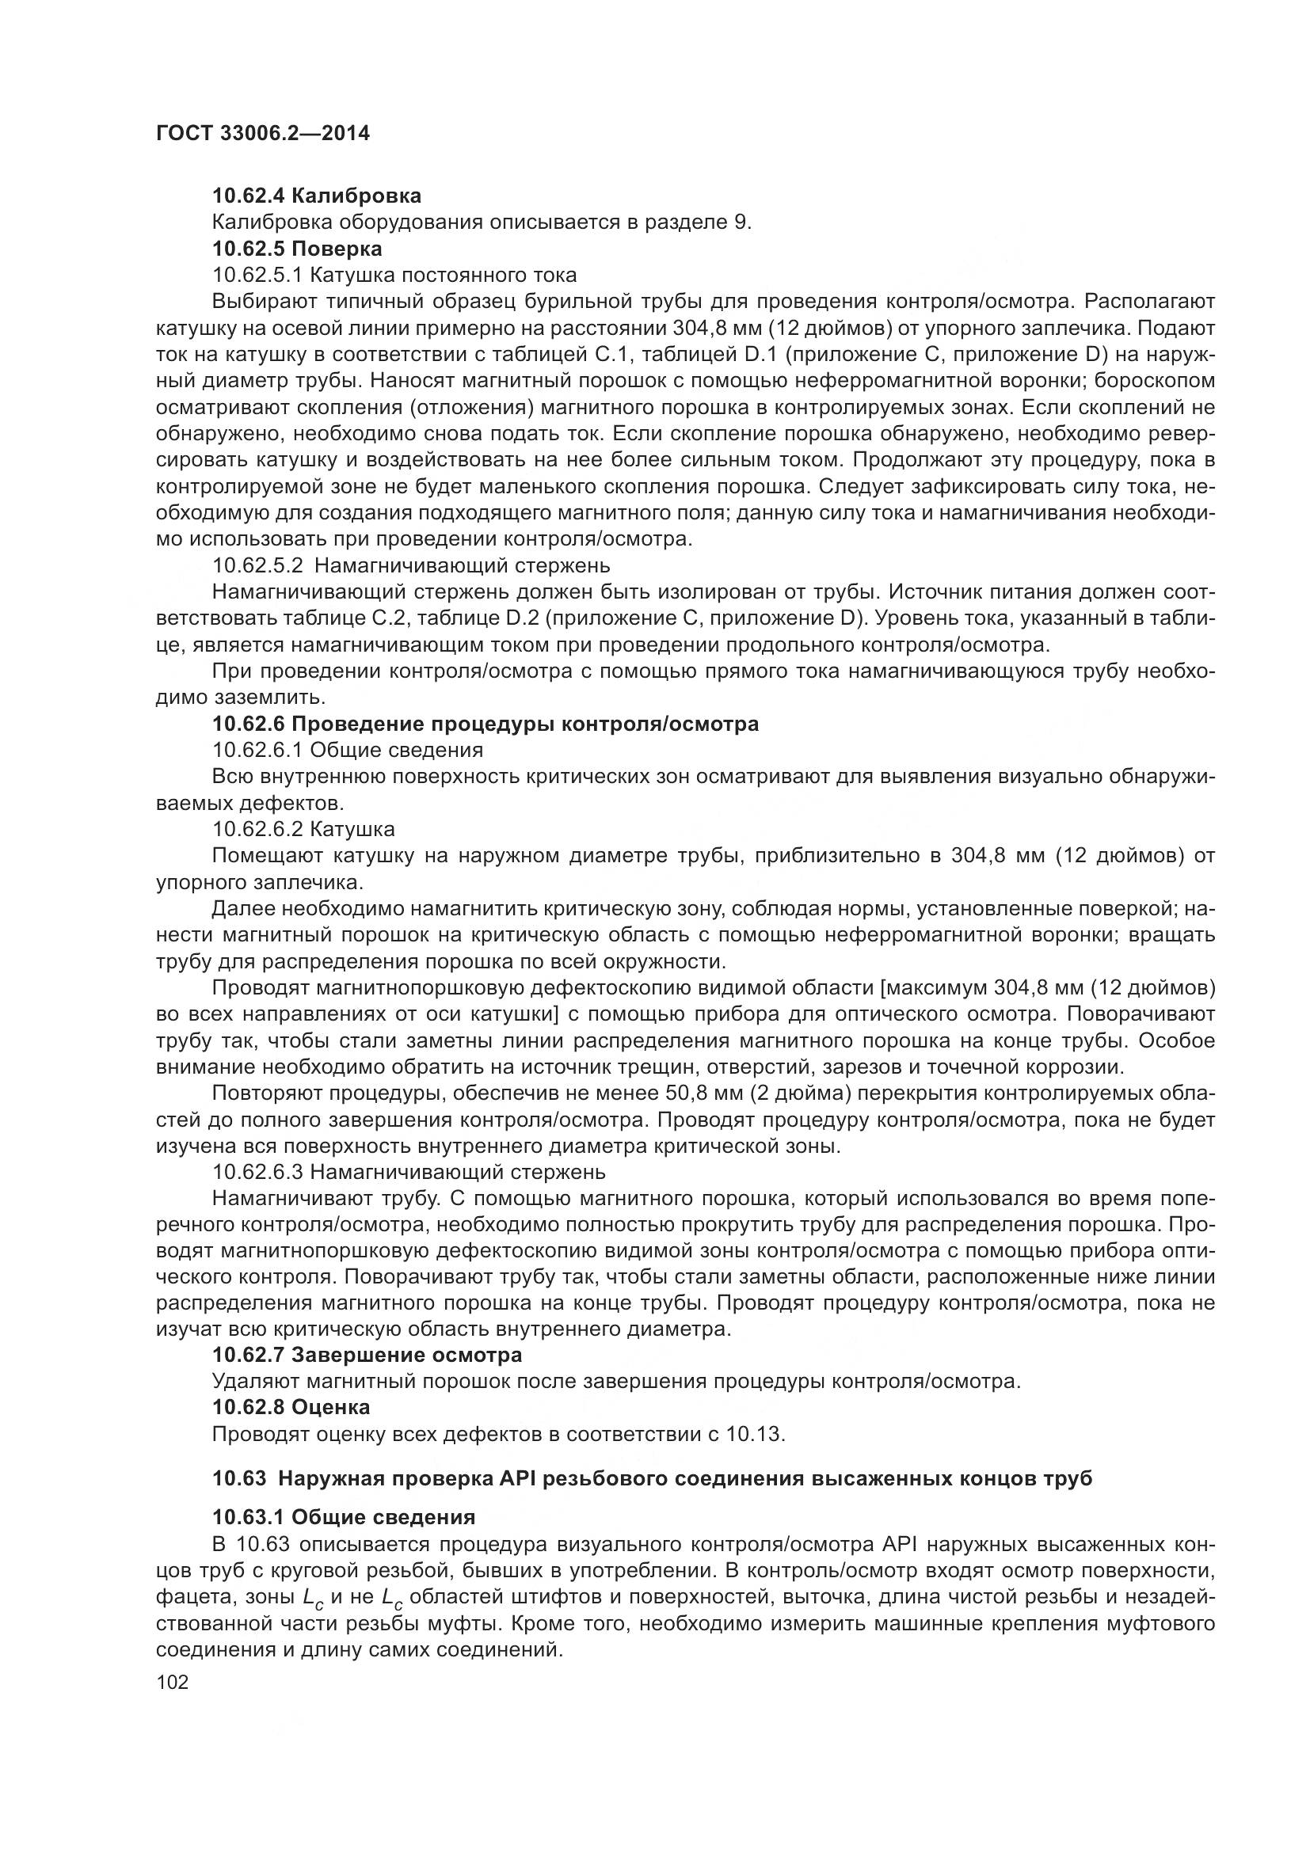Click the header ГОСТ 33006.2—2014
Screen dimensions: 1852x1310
pyautogui.click(x=262, y=134)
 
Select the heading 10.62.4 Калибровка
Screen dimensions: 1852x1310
pyautogui.click(x=316, y=196)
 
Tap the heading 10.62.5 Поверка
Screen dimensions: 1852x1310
pyautogui.click(x=297, y=248)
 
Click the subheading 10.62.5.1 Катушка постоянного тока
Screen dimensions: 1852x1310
pyautogui.click(x=394, y=274)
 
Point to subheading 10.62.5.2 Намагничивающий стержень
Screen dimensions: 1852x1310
pyautogui.click(x=411, y=565)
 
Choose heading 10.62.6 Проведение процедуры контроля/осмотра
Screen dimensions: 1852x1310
pyautogui.click(x=486, y=724)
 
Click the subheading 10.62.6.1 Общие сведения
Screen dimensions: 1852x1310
pyautogui.click(x=348, y=750)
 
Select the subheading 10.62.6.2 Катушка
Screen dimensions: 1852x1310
pyautogui.click(x=303, y=829)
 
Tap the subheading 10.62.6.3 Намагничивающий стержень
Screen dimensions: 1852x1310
pyautogui.click(x=409, y=1171)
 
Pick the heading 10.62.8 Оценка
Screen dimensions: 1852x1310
pyautogui.click(x=291, y=1408)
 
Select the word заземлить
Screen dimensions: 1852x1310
pyautogui.click(x=269, y=698)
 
